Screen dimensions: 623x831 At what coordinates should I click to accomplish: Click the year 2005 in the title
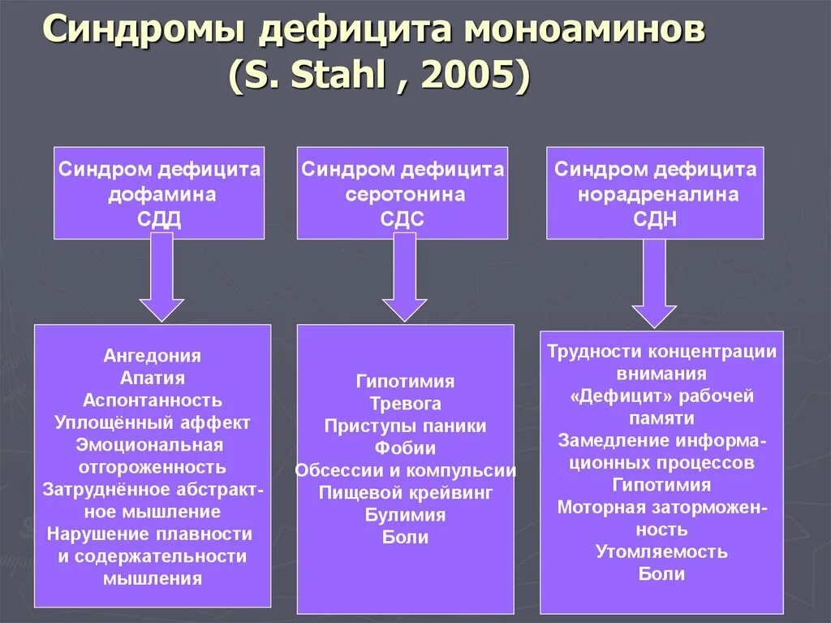point(474,78)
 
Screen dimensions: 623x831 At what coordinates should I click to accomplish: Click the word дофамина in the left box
point(161,195)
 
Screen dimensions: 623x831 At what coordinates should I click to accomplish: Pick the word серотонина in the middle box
point(405,195)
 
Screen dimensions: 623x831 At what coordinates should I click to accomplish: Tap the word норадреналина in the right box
point(658,195)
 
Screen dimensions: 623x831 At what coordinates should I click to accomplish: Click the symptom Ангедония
point(153,356)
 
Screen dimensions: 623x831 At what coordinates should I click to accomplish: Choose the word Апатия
point(153,378)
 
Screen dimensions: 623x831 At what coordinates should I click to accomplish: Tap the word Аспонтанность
point(153,400)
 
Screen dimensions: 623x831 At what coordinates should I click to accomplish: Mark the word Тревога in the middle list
point(405,404)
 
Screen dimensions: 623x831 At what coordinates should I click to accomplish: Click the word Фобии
point(405,448)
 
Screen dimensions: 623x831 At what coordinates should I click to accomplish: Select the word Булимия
point(405,515)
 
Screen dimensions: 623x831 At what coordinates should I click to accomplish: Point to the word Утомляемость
point(661,552)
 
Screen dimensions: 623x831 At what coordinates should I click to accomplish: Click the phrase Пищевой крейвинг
point(405,492)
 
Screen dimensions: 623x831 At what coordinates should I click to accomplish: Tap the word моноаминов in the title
point(583,32)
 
